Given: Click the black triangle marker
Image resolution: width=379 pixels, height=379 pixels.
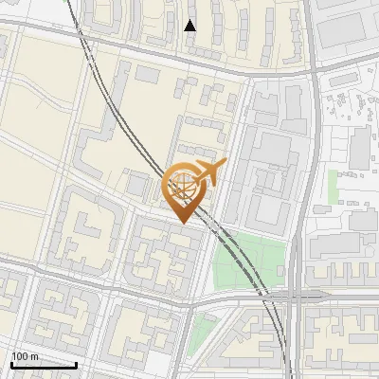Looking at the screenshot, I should pos(190,26).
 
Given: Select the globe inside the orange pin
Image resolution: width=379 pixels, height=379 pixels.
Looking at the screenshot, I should pos(183,185).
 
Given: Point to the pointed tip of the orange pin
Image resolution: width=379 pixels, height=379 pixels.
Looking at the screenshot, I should pos(183,224).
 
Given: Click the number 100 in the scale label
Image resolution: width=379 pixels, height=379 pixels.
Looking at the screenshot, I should pos(20,356).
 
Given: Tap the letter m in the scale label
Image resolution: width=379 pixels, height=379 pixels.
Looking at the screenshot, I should pos(34,356).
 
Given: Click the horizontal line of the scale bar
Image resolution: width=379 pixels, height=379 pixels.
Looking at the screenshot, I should pos(43,364).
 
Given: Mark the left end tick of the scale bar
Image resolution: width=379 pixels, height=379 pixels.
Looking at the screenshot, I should pos(10,363).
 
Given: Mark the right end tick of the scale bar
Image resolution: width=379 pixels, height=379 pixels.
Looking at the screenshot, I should pos(76,363).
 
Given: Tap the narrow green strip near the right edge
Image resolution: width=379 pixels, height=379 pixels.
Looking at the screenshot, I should pos(334,185).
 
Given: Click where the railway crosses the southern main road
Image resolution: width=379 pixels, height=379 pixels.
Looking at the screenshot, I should pos(271,297).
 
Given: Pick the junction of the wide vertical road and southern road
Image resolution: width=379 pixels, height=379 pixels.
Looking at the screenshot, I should pos(298,296).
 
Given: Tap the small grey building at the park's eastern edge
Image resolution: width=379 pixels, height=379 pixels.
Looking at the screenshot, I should pos(284,272).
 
